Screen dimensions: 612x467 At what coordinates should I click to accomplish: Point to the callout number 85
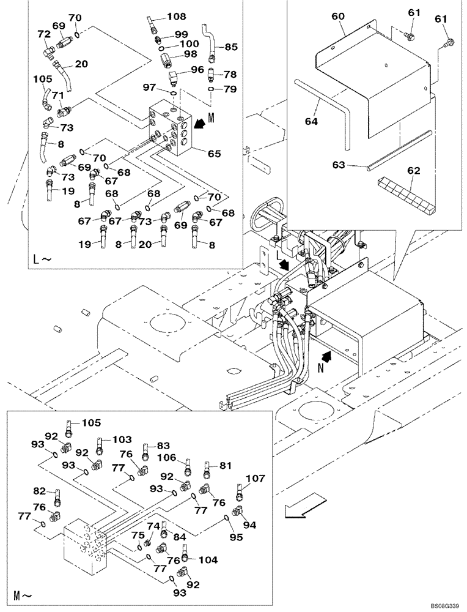click(x=231, y=46)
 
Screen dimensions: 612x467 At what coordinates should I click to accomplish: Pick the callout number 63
click(x=355, y=165)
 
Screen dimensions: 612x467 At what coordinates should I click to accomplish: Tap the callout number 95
click(x=236, y=537)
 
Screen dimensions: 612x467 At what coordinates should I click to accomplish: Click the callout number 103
click(x=122, y=439)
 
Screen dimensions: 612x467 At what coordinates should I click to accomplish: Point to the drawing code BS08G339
click(x=443, y=605)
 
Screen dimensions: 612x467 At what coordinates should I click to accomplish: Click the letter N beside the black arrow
click(x=320, y=369)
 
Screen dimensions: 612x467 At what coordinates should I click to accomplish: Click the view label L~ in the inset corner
click(x=42, y=259)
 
